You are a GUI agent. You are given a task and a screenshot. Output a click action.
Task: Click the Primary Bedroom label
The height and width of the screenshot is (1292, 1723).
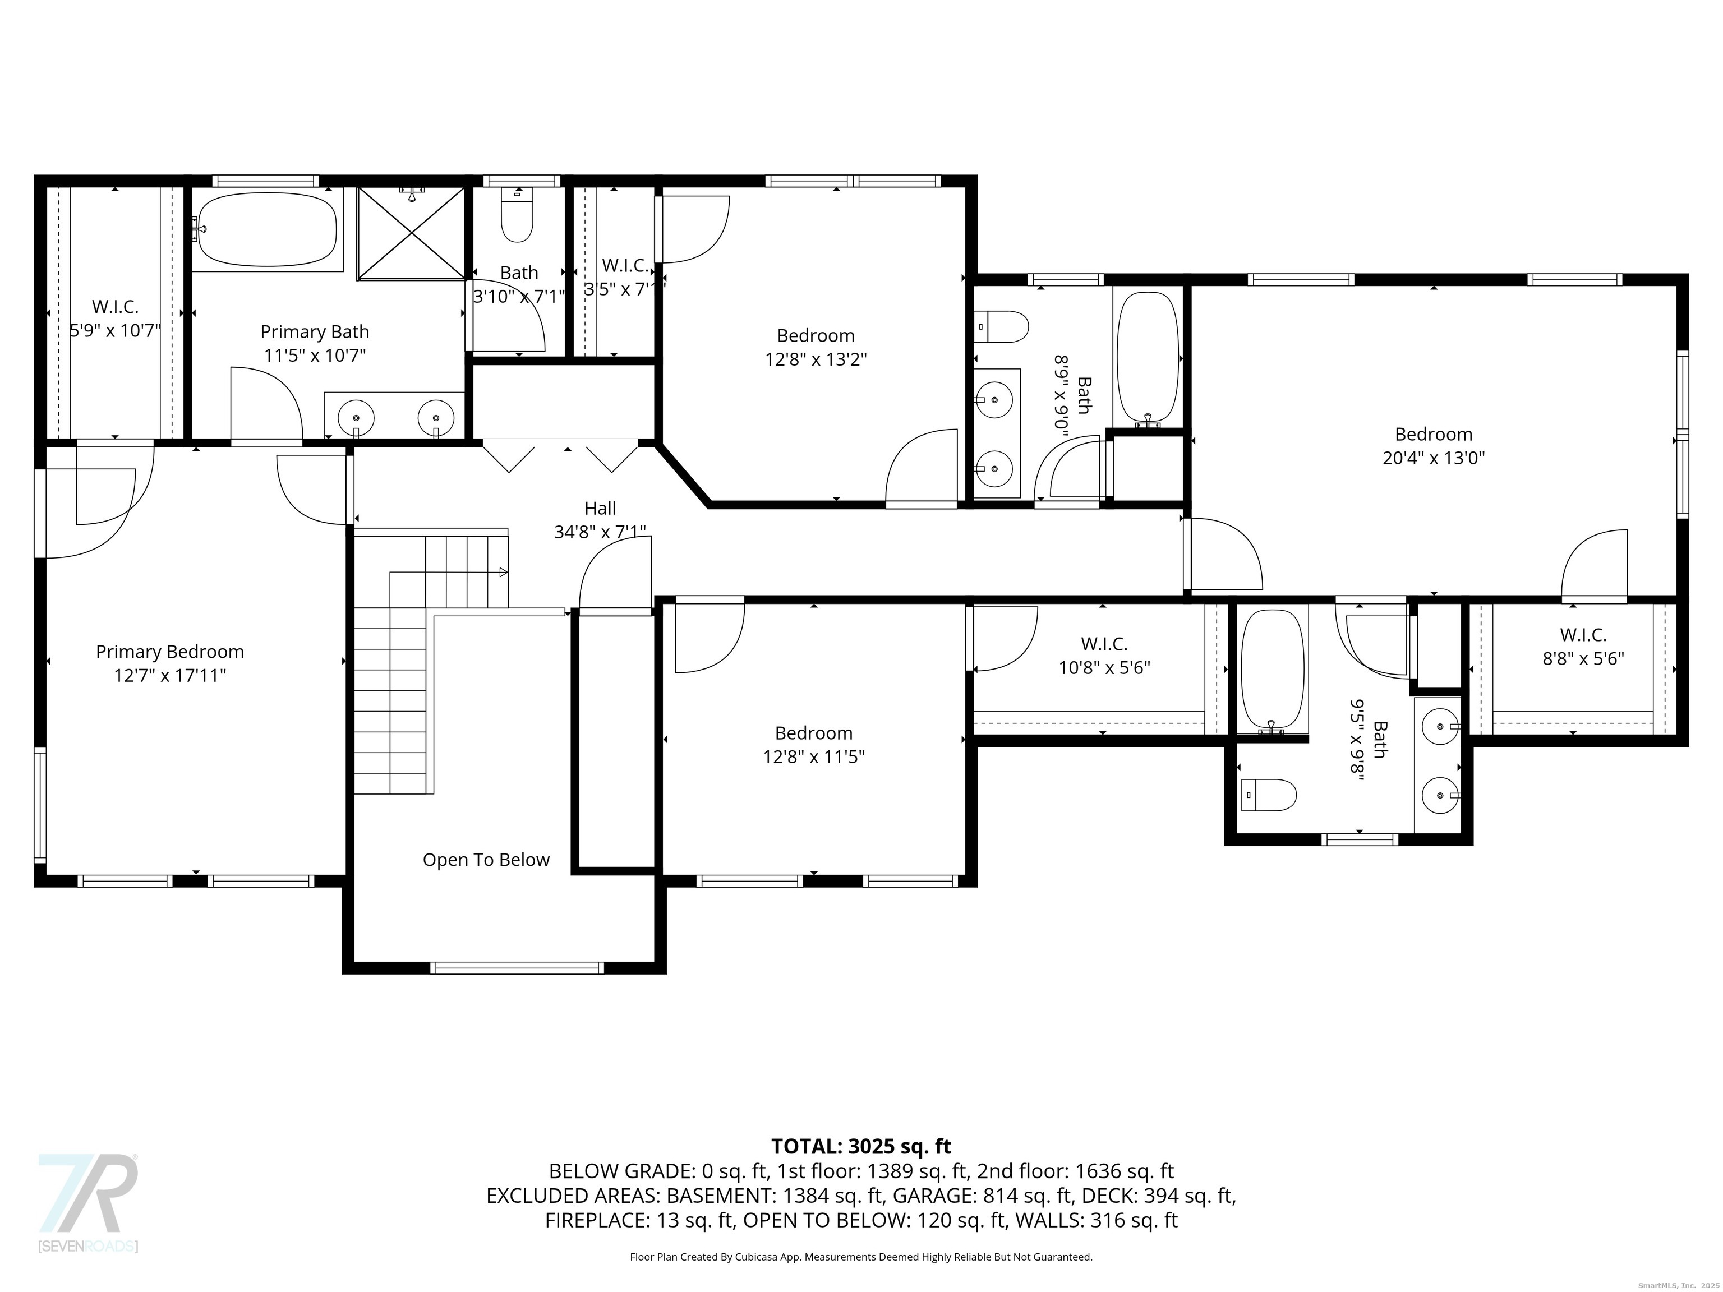click(x=170, y=651)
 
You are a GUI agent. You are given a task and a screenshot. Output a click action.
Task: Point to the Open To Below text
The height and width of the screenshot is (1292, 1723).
click(x=486, y=860)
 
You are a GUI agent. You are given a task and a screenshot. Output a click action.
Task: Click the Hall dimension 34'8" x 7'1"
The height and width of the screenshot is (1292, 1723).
click(x=600, y=532)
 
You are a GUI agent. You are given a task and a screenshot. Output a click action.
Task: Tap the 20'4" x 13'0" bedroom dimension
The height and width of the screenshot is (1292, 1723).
click(x=1433, y=458)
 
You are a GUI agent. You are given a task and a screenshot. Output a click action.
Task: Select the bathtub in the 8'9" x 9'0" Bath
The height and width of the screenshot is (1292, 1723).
click(x=1148, y=359)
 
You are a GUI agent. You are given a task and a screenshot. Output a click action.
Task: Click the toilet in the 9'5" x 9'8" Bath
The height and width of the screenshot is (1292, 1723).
click(x=1268, y=795)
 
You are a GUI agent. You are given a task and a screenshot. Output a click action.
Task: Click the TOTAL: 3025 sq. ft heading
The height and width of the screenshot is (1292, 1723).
click(x=861, y=1146)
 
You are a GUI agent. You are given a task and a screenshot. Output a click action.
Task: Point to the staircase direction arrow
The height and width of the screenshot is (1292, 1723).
click(x=503, y=573)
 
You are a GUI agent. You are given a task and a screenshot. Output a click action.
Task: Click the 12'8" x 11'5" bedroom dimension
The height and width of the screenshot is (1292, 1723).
click(x=814, y=756)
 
